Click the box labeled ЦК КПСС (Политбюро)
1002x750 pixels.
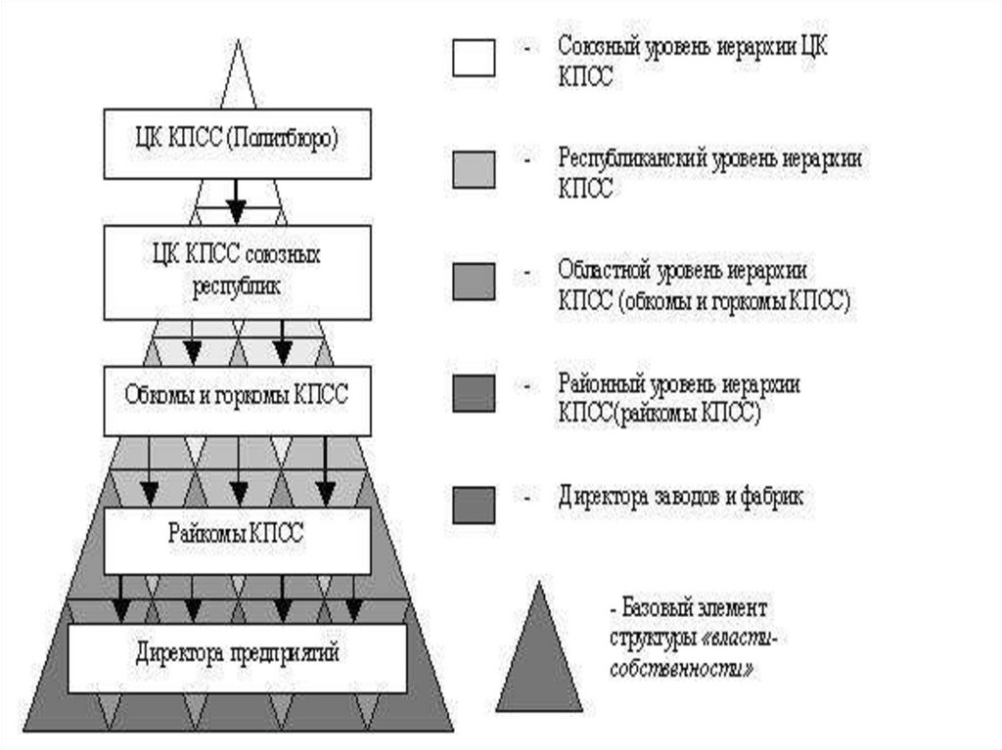[x=237, y=143]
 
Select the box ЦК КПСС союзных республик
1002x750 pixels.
[x=237, y=272]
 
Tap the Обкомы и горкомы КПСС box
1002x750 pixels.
[x=237, y=400]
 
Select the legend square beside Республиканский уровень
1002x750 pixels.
[x=474, y=169]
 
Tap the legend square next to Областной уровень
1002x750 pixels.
[x=474, y=280]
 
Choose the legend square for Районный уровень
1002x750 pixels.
[x=474, y=392]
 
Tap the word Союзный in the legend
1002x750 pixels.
[x=596, y=46]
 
